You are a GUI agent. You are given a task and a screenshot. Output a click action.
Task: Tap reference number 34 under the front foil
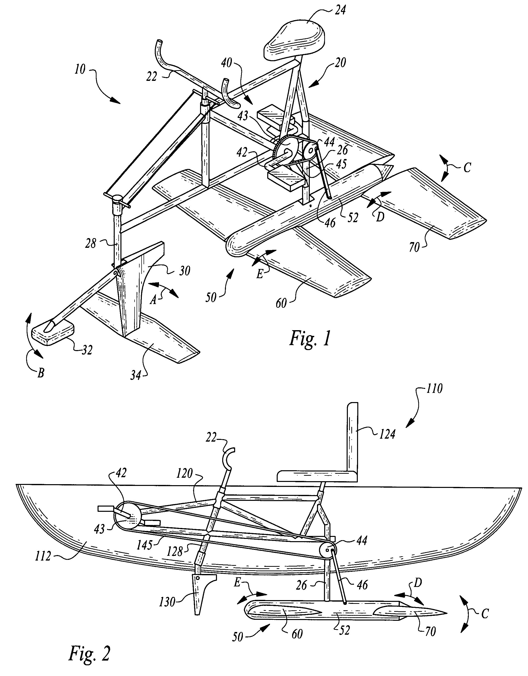pos(136,376)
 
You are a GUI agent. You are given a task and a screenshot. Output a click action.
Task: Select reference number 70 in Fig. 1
pos(415,247)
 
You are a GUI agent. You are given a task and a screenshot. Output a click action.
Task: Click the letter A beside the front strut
pos(153,300)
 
